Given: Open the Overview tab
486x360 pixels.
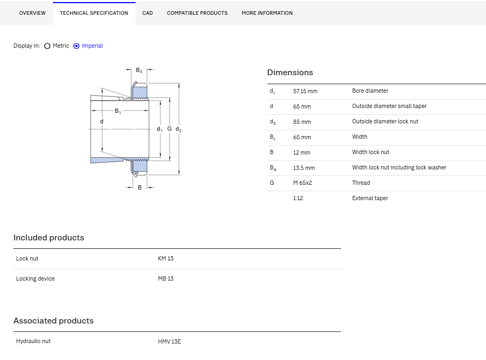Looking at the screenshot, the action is [x=32, y=13].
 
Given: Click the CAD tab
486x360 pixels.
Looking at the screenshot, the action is [x=148, y=13].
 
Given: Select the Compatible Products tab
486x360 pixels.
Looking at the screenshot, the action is [x=197, y=13].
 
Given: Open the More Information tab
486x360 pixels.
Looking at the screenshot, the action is [x=267, y=13].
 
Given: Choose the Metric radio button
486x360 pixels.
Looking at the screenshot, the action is [x=47, y=46].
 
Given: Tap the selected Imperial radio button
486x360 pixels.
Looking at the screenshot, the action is [x=76, y=46].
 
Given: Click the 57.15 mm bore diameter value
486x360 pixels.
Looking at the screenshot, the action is [x=305, y=91].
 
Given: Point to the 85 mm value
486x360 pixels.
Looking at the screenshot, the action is [x=302, y=122].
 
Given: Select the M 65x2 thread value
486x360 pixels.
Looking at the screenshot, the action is [x=302, y=183].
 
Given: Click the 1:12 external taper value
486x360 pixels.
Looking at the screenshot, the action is [x=298, y=198].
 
